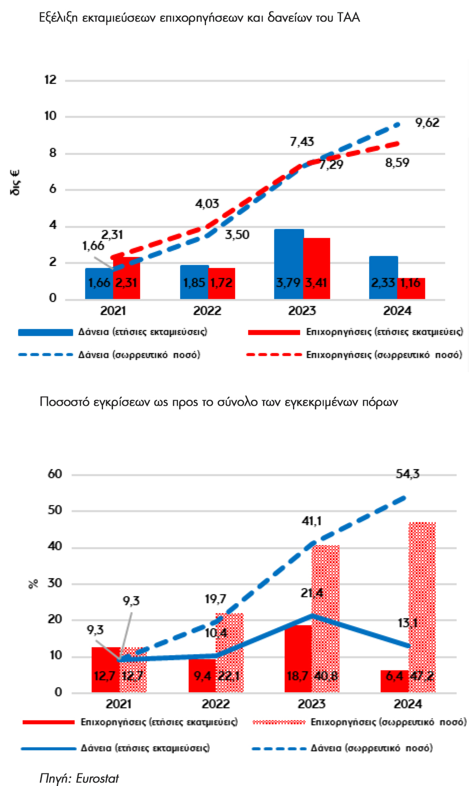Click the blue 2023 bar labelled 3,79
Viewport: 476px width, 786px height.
coord(288,264)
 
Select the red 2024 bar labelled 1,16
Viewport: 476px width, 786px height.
coord(411,289)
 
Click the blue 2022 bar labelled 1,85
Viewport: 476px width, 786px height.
coord(194,282)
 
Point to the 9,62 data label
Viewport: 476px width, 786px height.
coord(427,123)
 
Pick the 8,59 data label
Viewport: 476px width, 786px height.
coord(397,163)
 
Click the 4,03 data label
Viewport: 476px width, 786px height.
coord(207,204)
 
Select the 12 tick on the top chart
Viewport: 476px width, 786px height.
coord(50,80)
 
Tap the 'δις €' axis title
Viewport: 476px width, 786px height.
coord(15,183)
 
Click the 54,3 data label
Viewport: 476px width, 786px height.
coord(407,474)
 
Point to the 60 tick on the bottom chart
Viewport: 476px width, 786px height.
coord(55,474)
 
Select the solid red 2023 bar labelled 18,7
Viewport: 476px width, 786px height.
coord(298,658)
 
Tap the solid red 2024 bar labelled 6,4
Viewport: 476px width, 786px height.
coord(394,681)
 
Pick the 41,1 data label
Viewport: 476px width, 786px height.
coord(311,521)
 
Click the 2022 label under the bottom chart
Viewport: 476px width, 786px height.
coord(215,704)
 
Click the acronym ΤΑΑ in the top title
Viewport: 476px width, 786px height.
coord(348,18)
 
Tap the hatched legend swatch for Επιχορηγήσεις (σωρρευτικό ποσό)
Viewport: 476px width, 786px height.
coord(278,722)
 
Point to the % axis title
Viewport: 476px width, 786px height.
coord(33,583)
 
